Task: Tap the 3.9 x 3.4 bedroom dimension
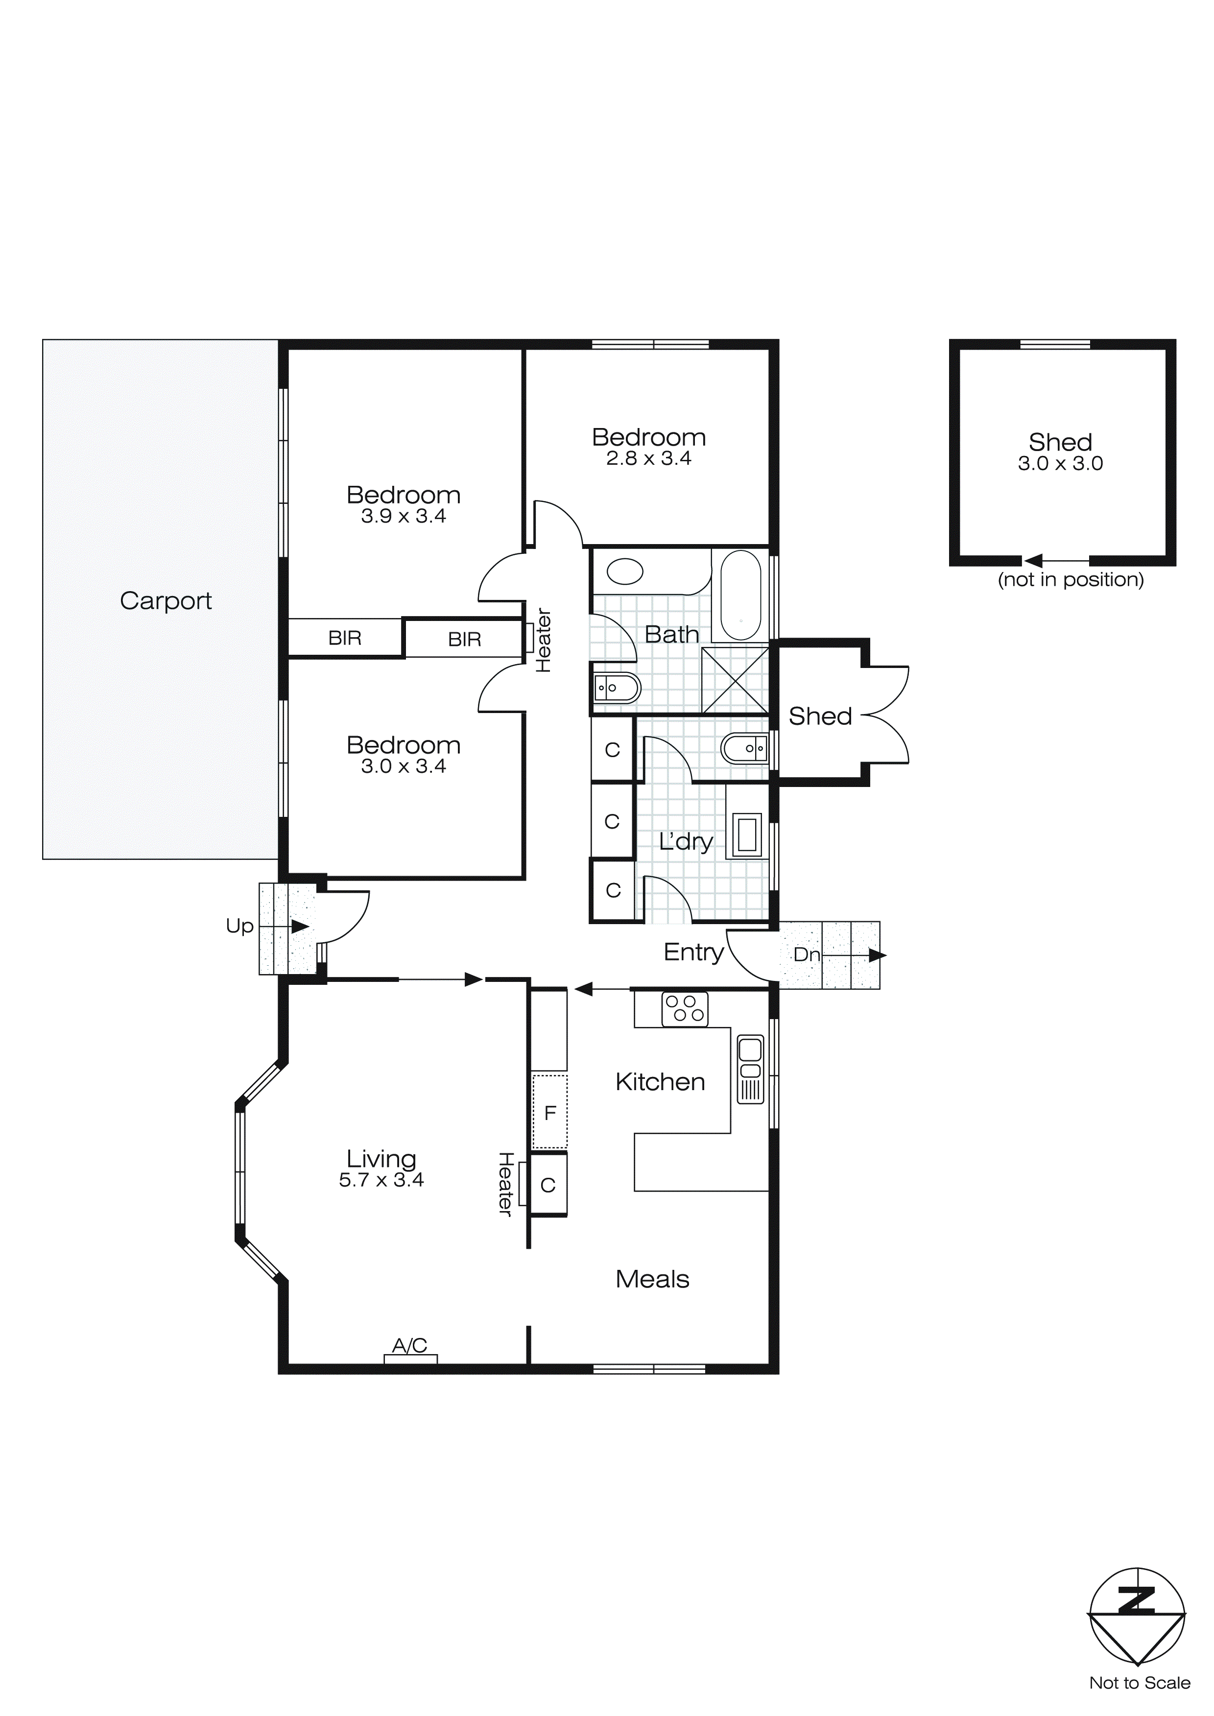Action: (403, 517)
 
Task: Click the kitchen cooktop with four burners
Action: (684, 1009)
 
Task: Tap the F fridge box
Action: (549, 1113)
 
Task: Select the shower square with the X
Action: (735, 680)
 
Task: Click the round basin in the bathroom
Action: (624, 572)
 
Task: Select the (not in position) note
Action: (1071, 579)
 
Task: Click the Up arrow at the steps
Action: (299, 926)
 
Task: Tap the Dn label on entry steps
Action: (806, 954)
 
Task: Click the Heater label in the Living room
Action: (505, 1183)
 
